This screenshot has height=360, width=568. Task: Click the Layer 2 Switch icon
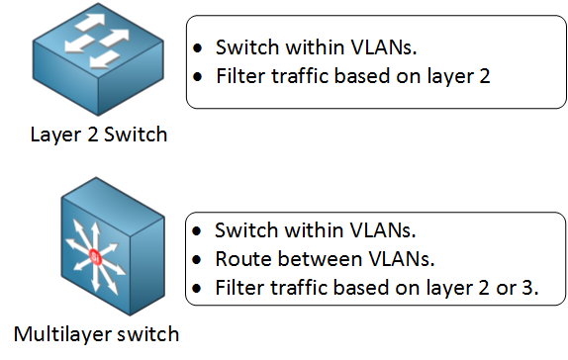(x=98, y=62)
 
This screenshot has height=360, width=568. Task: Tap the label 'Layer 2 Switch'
(x=97, y=135)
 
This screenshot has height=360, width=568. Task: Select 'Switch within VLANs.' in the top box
(x=313, y=46)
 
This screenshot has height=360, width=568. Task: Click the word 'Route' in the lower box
(x=239, y=260)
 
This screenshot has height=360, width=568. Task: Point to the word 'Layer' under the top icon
(x=53, y=135)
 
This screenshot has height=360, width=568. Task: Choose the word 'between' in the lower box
(x=306, y=260)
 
